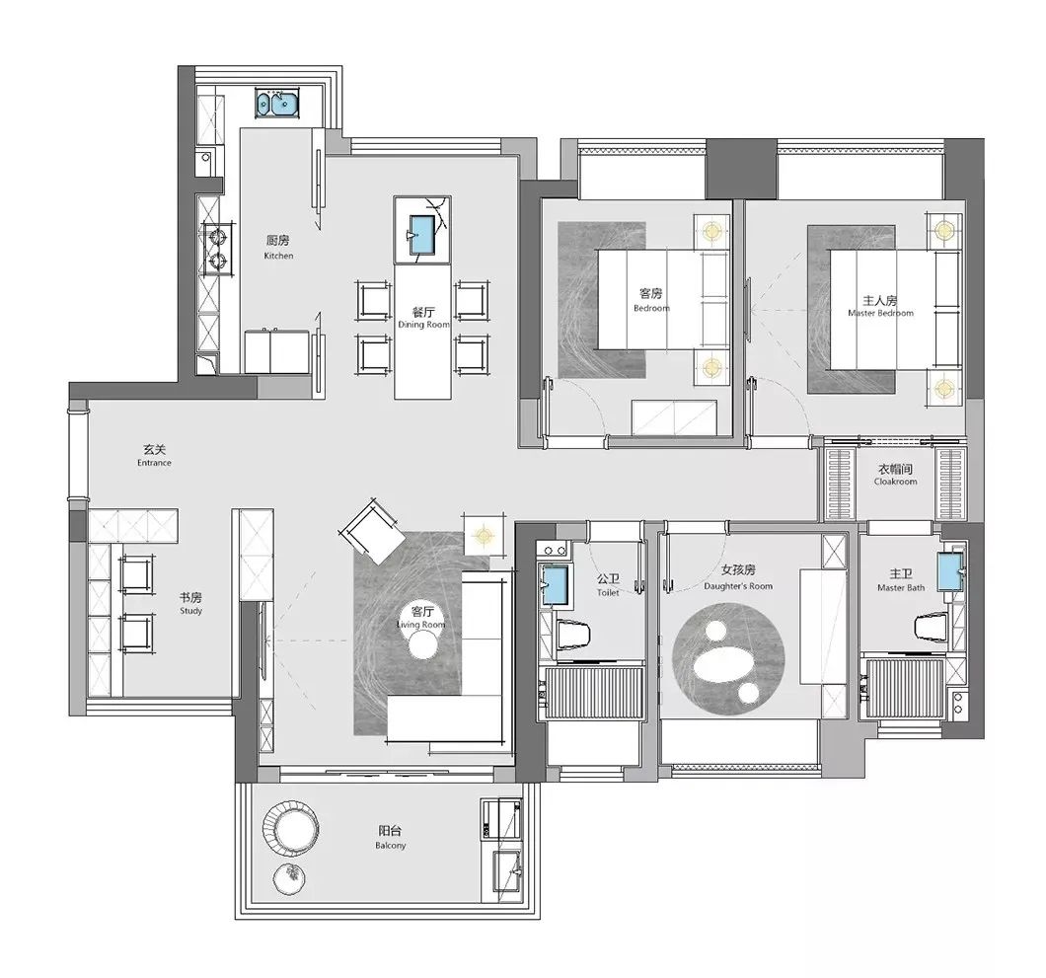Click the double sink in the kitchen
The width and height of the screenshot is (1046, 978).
(277, 104)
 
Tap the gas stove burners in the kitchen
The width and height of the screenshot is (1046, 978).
(217, 248)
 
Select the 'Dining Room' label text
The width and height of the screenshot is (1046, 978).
(423, 325)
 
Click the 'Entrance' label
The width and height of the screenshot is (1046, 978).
(154, 462)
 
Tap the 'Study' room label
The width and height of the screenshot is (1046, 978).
(190, 611)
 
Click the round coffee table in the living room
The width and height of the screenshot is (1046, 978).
(423, 644)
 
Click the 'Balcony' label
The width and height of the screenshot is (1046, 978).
(390, 845)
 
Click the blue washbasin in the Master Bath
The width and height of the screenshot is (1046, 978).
(950, 571)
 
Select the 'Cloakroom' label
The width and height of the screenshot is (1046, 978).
(895, 482)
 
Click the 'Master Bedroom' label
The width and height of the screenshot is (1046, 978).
(880, 313)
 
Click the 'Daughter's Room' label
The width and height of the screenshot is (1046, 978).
(738, 586)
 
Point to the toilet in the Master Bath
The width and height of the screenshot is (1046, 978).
(932, 627)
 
